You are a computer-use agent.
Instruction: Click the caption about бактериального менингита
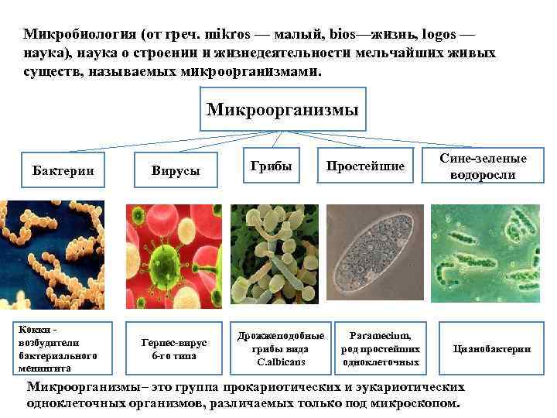[58, 348]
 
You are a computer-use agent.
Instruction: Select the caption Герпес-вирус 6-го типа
[175, 348]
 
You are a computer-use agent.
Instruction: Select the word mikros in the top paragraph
[231, 35]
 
